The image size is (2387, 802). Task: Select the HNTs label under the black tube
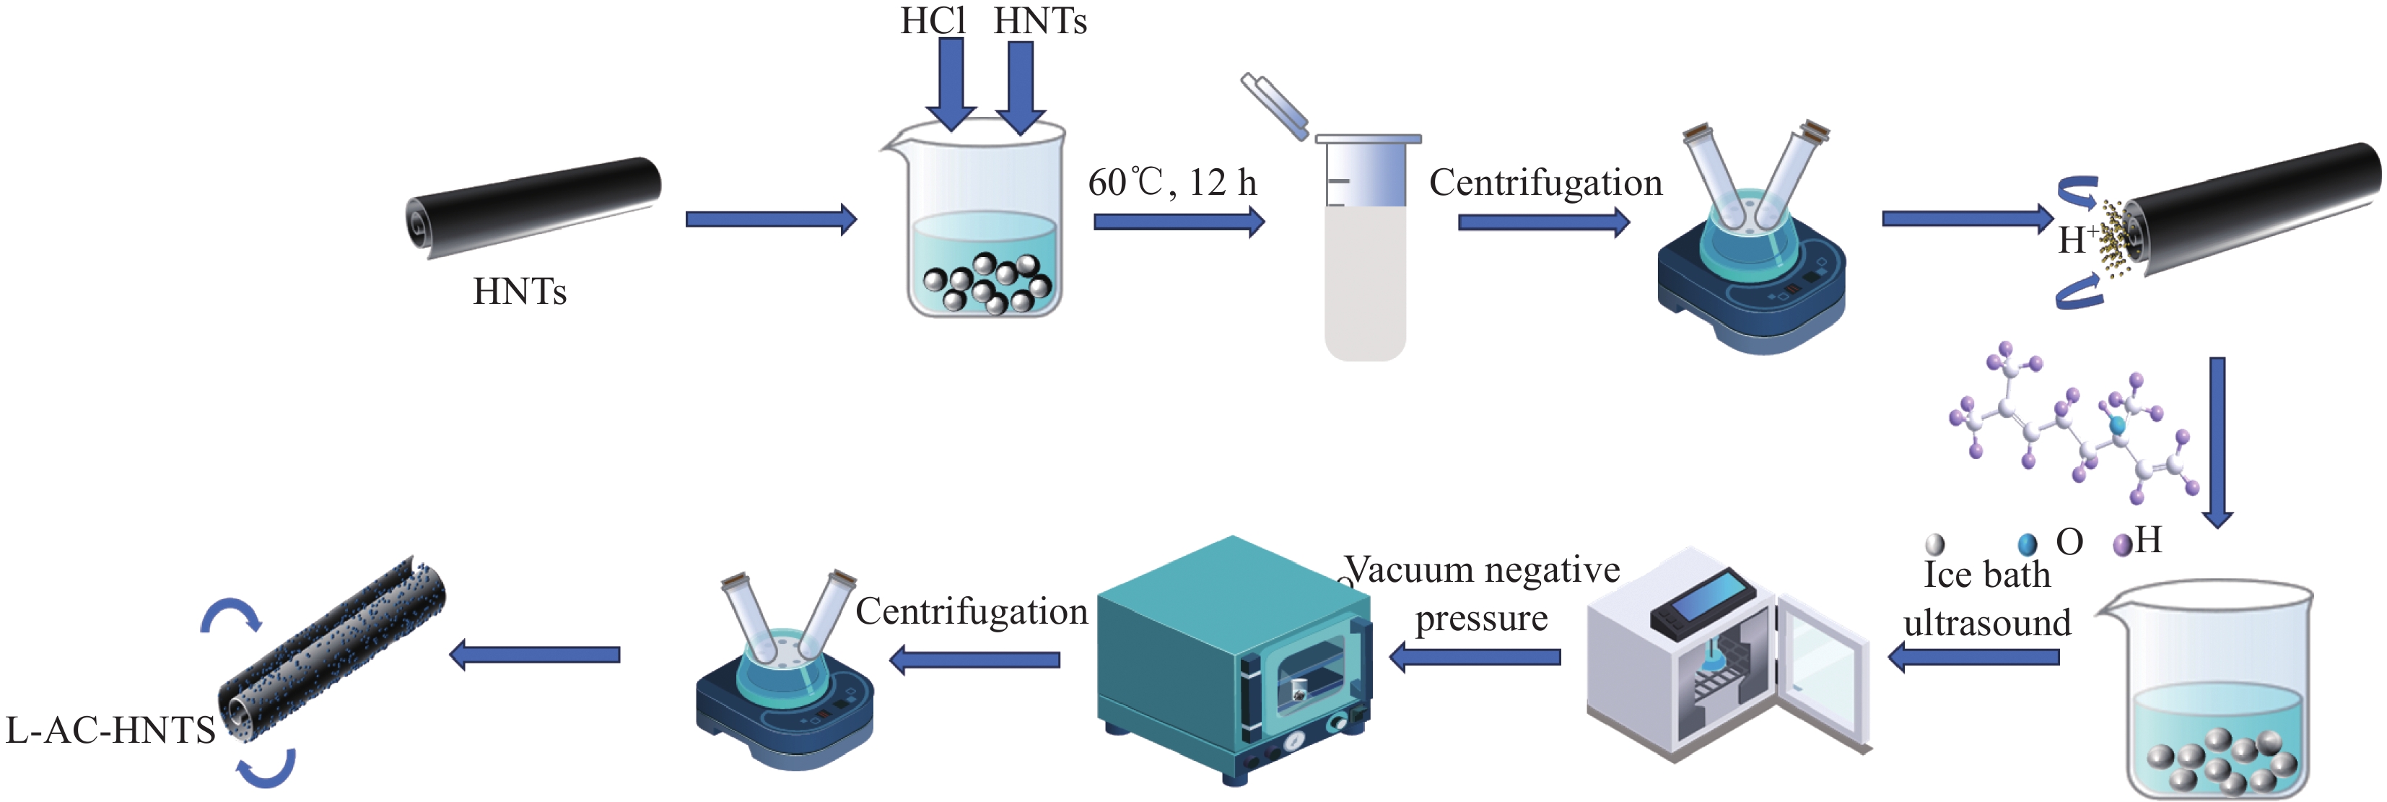pos(520,291)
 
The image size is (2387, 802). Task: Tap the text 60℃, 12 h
pos(1172,183)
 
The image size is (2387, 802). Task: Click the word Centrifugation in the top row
pos(1545,183)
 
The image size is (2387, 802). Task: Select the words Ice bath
pos(1986,575)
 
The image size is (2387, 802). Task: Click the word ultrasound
pos(1986,623)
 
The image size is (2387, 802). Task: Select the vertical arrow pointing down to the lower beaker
pos(2217,441)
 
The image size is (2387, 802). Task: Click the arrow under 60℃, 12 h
pos(1179,222)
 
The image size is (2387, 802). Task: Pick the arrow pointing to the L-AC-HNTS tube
pos(535,655)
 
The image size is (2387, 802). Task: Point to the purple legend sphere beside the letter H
pos(2122,544)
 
